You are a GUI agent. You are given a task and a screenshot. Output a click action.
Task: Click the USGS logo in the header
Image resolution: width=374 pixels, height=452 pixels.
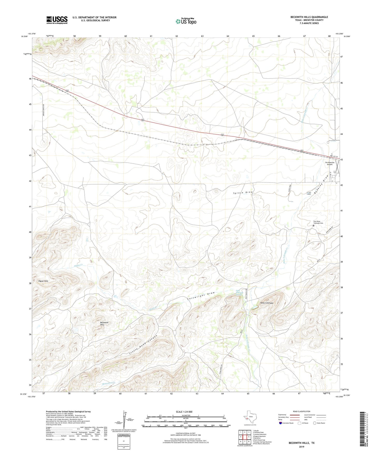[x=57, y=20]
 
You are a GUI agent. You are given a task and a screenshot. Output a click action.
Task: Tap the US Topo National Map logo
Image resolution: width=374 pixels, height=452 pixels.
[x=186, y=21]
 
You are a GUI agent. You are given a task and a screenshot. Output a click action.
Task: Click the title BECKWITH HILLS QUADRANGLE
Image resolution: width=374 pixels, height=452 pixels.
[x=309, y=17]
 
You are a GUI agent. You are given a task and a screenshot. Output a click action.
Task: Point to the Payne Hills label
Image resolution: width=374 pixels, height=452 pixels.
[x=43, y=281]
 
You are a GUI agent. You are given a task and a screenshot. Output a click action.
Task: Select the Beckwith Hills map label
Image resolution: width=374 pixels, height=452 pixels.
[x=104, y=324]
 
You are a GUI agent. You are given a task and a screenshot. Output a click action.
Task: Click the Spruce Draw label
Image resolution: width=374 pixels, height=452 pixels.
[x=243, y=193]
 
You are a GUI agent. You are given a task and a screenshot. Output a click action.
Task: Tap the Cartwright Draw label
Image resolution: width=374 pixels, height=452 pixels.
[x=201, y=296]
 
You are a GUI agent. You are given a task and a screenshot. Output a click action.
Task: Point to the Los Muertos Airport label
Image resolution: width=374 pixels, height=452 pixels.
[x=329, y=163]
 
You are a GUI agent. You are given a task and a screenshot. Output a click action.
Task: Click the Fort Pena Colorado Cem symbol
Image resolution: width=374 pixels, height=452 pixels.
[x=313, y=225]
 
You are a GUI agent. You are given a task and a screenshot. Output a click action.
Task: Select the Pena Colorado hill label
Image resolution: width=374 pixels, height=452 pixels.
[x=267, y=303]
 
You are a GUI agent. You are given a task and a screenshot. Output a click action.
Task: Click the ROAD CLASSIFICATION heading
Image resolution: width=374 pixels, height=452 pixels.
[x=302, y=411]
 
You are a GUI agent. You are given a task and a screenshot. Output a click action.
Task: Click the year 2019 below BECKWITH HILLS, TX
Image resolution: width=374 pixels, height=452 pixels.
[x=301, y=447]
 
